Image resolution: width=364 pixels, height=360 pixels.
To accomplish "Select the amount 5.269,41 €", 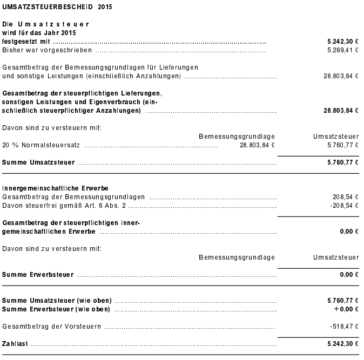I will point(343,50).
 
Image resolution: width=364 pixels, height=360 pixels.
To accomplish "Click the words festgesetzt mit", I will point(26,41).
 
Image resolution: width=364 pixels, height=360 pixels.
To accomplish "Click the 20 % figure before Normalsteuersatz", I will point(10,145).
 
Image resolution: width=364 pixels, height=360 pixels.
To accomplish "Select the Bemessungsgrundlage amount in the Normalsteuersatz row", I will point(257,145).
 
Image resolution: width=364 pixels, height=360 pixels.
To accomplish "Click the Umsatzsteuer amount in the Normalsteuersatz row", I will point(343,145).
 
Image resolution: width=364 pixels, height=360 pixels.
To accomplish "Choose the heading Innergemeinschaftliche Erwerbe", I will point(56,188).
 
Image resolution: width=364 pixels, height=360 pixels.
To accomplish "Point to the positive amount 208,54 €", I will point(346,196).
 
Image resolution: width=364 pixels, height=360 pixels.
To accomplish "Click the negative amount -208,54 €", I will point(345,205).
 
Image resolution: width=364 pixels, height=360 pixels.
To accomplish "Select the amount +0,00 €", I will point(346,309).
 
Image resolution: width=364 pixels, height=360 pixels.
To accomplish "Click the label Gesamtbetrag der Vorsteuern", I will point(52,326).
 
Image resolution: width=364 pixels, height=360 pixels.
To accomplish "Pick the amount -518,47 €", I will point(345,326).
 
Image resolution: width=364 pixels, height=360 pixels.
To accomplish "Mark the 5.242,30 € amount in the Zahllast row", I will point(343,343).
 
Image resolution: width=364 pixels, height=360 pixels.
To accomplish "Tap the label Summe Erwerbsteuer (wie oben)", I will point(56,309).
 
